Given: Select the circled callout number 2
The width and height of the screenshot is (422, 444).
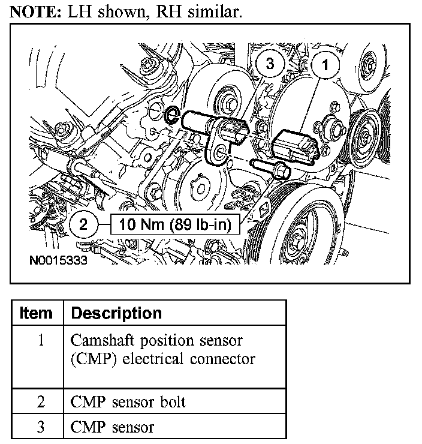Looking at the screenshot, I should pyautogui.click(x=83, y=225).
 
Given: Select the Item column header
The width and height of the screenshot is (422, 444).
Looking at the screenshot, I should pyautogui.click(x=37, y=313).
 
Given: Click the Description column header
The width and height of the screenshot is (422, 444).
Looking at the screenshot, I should pyautogui.click(x=116, y=313).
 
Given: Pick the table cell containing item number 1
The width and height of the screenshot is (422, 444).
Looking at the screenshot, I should pyautogui.click(x=40, y=340).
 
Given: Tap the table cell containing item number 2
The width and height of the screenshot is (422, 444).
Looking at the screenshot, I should pyautogui.click(x=40, y=401).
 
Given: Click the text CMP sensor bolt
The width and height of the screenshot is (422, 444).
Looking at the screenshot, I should pyautogui.click(x=128, y=401).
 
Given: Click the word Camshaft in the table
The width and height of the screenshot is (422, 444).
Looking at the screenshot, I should pyautogui.click(x=100, y=340).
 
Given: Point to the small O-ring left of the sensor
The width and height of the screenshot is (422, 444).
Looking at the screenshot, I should pyautogui.click(x=171, y=115).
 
